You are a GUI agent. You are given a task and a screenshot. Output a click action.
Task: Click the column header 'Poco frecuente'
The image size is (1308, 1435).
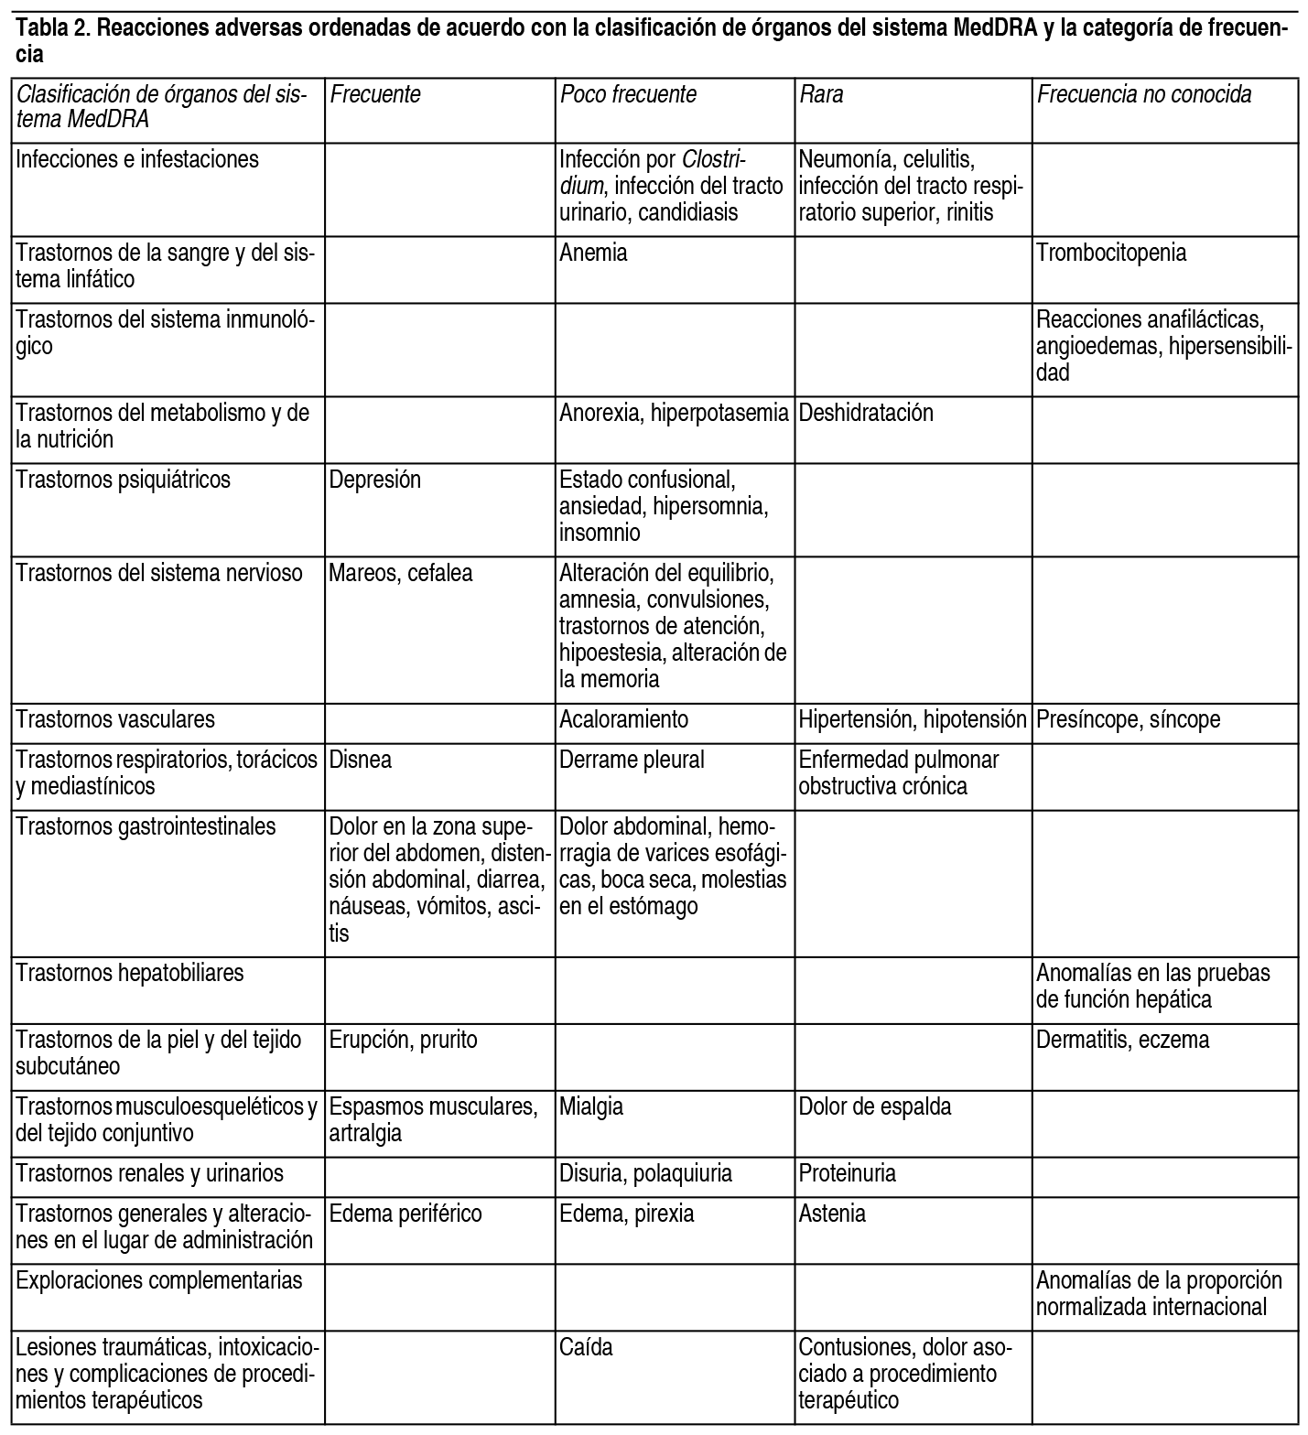[x=628, y=95]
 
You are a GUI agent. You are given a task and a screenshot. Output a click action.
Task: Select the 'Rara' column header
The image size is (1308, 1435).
[x=821, y=95]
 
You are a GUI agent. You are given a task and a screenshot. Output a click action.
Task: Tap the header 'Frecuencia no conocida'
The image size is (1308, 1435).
[x=1143, y=95]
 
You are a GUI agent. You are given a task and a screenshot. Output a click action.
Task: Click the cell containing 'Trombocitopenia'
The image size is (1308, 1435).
[x=1111, y=254]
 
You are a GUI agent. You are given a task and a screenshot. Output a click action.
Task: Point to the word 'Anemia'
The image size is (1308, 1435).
[x=593, y=254]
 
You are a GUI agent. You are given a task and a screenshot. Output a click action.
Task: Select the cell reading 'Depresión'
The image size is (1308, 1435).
[x=375, y=480]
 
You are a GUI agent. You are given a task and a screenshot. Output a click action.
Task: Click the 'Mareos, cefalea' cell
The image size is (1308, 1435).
[x=401, y=574]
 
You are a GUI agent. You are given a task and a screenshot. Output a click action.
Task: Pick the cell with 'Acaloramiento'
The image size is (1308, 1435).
[x=623, y=720]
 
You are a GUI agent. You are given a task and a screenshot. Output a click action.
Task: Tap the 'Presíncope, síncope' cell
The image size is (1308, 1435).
[x=1128, y=720]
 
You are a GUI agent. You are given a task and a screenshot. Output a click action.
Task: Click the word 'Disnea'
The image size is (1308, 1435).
[x=361, y=761]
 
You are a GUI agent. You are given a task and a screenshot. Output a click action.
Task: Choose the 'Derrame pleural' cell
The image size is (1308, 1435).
[x=632, y=761]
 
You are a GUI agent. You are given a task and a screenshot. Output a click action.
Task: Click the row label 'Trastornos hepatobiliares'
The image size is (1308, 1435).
[x=130, y=973]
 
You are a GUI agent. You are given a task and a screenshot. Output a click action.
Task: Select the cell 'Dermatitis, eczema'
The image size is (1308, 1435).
[x=1122, y=1041]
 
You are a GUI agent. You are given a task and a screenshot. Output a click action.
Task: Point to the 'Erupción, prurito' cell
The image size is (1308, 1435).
[x=403, y=1041]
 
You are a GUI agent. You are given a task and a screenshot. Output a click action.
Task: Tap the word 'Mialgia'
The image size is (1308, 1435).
[x=591, y=1107]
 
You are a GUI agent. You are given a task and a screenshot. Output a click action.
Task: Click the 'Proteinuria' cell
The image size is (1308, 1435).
[x=847, y=1174]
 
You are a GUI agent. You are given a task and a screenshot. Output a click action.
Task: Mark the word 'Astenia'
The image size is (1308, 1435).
[x=832, y=1214]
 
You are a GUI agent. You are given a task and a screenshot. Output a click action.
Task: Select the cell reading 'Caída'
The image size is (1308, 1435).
[x=586, y=1348]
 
